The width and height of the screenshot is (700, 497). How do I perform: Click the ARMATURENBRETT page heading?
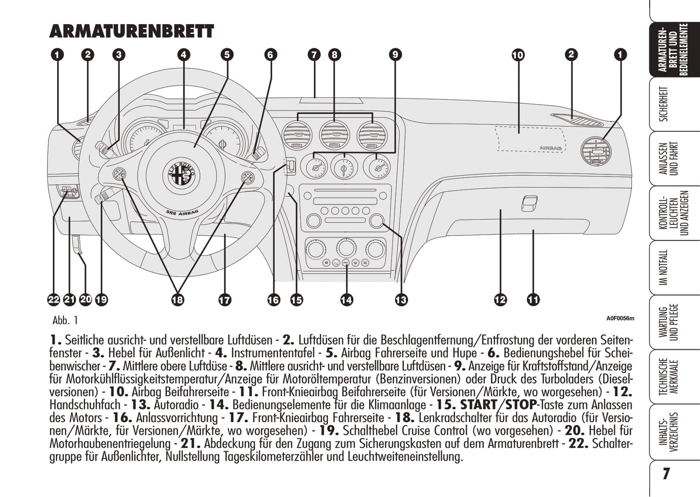coord(131,31)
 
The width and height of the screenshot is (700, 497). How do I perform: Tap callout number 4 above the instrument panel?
coord(183,55)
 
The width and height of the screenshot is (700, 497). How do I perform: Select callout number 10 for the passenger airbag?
coord(518,55)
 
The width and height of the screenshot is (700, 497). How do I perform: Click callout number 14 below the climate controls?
coord(346,300)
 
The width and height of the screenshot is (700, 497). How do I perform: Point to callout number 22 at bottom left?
coord(53,300)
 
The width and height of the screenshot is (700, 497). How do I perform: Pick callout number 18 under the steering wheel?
coord(178,300)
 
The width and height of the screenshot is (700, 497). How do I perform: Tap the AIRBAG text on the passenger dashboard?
coord(551,148)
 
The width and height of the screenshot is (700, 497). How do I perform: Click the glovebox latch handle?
coord(529,203)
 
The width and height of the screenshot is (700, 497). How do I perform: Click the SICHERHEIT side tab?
coord(664,104)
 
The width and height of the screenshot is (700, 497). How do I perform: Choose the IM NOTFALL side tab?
coord(664,267)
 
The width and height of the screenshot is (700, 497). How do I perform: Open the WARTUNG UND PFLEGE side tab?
coord(669,322)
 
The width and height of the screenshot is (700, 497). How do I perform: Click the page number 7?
coord(666,473)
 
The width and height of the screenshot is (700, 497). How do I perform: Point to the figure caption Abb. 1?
coord(65,320)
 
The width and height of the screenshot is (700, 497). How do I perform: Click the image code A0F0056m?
coord(620,318)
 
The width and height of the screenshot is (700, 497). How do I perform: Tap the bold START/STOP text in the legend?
coord(498,404)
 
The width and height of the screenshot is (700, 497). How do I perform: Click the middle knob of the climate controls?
coord(345,248)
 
